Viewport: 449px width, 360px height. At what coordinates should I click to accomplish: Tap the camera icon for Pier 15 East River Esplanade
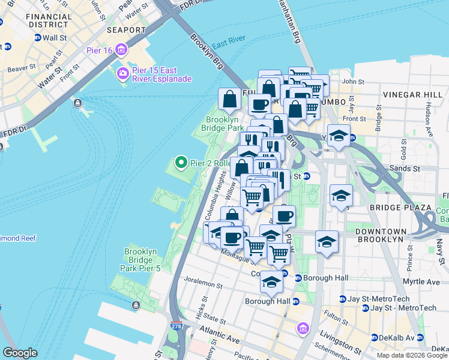click(123, 73)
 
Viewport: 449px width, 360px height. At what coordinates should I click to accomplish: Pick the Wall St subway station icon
click(37, 37)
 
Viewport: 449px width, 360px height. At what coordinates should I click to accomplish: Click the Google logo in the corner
click(20, 353)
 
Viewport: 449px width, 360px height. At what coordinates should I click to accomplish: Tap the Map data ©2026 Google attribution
click(411, 355)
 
